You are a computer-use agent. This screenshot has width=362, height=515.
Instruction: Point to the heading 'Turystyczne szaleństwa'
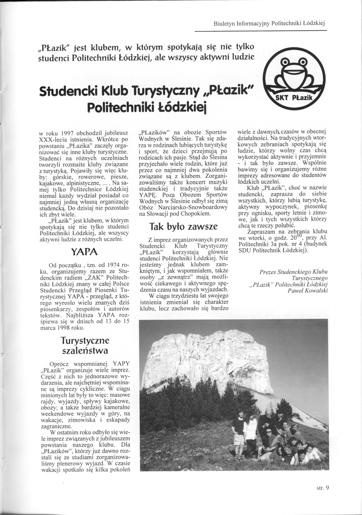[85, 346]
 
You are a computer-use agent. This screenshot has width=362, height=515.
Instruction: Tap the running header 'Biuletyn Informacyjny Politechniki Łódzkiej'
[269, 23]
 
